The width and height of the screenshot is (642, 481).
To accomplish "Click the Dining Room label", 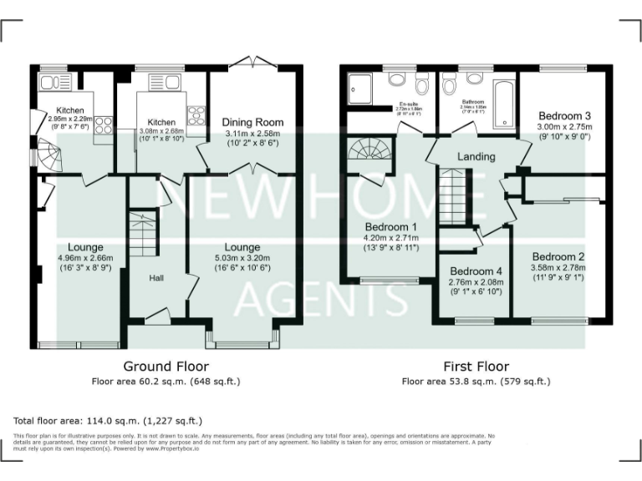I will coord(252,122).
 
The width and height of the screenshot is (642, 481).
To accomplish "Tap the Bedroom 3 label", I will coord(564,115).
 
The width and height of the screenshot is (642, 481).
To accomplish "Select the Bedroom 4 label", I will coord(476,271).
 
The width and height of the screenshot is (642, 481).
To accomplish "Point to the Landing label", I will coord(476,156).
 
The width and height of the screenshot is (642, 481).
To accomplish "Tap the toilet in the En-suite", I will coord(397,80).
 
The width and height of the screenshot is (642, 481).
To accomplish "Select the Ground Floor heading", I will coord(166,366).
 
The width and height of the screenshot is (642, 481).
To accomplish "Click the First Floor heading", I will coord(476,366).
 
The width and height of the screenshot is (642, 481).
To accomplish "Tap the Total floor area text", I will coord(108,421).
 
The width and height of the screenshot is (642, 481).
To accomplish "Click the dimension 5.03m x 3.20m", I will coord(242,258).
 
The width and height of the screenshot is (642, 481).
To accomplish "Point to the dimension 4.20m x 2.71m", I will coord(391,237).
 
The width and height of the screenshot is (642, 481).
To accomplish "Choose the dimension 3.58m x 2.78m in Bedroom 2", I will coord(558,267).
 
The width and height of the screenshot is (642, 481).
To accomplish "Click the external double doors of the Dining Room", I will coord(252,63).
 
